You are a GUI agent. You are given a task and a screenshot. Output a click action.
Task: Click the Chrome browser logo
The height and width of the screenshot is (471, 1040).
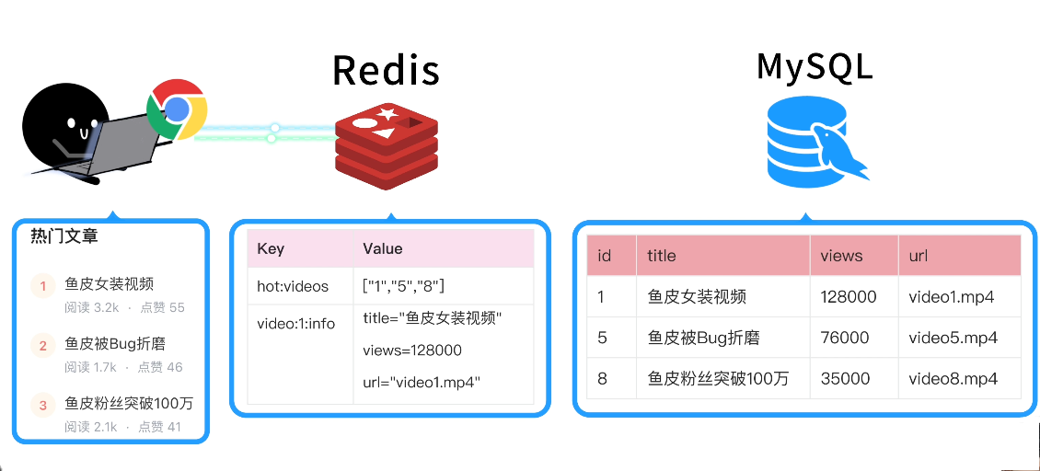click(x=178, y=109)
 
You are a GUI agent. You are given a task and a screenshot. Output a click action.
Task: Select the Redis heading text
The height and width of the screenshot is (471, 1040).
click(x=386, y=70)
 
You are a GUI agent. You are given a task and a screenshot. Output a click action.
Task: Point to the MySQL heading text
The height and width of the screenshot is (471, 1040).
click(x=814, y=67)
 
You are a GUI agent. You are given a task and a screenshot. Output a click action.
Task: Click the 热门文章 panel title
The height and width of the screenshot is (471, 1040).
click(x=64, y=236)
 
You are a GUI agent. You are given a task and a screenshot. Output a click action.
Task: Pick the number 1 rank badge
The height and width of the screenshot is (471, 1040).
click(x=42, y=286)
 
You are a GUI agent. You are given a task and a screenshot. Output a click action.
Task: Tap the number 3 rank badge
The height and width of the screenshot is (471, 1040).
click(x=42, y=405)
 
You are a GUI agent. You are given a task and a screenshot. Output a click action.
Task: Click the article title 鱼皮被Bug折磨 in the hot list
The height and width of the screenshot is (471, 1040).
click(x=115, y=344)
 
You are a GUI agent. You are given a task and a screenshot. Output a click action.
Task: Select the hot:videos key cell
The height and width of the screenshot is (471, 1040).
click(x=293, y=286)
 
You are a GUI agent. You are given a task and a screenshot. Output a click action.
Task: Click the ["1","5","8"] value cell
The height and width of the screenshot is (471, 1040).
click(x=404, y=286)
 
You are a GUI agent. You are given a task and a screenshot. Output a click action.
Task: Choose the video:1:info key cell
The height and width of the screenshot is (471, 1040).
click(x=296, y=324)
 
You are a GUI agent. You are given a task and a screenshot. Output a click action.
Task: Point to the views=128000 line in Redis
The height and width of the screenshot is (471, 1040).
click(x=412, y=350)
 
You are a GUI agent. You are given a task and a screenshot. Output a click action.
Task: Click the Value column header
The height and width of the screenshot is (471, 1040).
click(x=383, y=248)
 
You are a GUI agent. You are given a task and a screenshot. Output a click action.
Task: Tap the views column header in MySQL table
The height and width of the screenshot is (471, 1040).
click(x=841, y=256)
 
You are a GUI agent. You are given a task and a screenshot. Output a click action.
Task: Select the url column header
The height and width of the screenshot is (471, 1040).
click(x=919, y=256)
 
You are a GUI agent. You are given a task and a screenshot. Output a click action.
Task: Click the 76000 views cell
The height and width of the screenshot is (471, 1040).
click(x=844, y=338)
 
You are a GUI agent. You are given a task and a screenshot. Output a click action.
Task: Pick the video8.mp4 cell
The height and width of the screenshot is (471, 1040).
click(x=953, y=378)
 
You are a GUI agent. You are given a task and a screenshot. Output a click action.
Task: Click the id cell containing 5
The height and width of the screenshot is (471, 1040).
click(x=603, y=338)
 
